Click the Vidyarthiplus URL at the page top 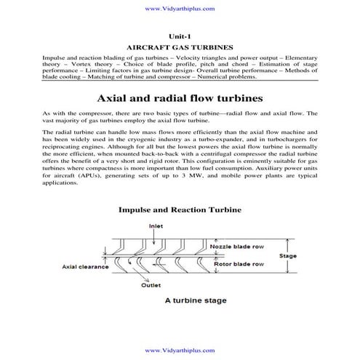179,9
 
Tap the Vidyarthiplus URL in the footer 179,351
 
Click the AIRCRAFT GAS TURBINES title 179,45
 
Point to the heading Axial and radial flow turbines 179,97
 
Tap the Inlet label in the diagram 177,226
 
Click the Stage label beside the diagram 289,256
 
